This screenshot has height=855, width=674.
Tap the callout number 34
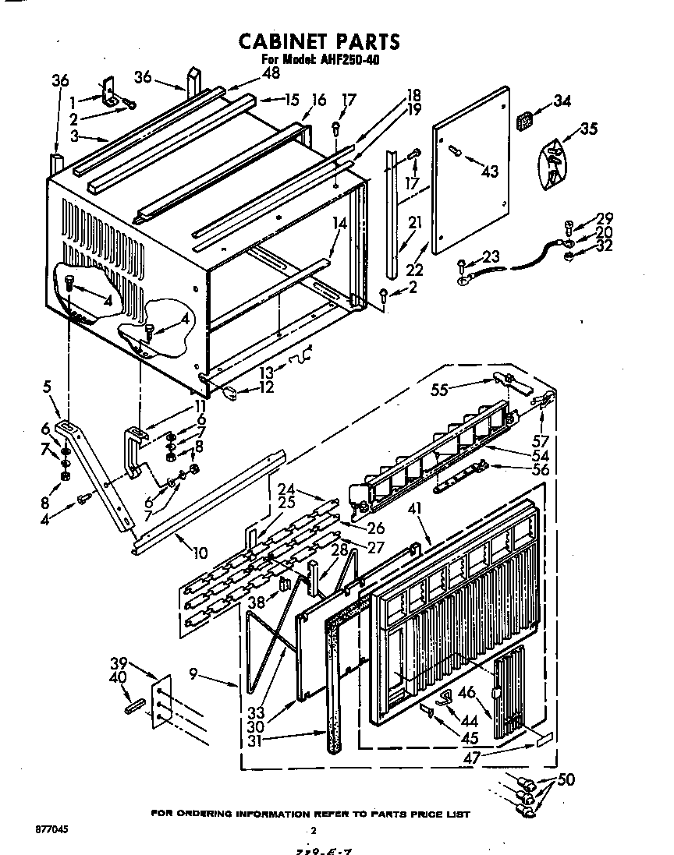tap(562, 101)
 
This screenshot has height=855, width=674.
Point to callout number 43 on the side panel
tap(490, 170)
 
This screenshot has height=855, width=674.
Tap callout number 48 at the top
tap(250, 73)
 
